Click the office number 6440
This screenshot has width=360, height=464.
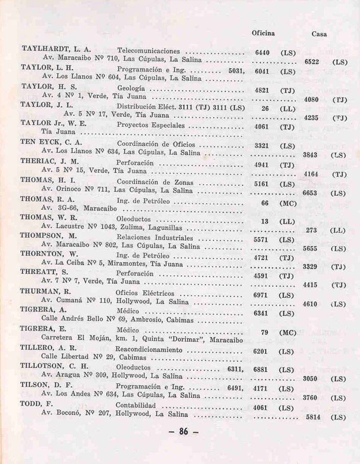(x=262, y=53)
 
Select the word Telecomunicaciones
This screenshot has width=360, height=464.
(x=149, y=51)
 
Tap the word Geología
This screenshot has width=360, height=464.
(x=131, y=88)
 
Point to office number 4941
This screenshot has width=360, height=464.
(x=262, y=165)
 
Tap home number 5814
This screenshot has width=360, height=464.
(x=312, y=417)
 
